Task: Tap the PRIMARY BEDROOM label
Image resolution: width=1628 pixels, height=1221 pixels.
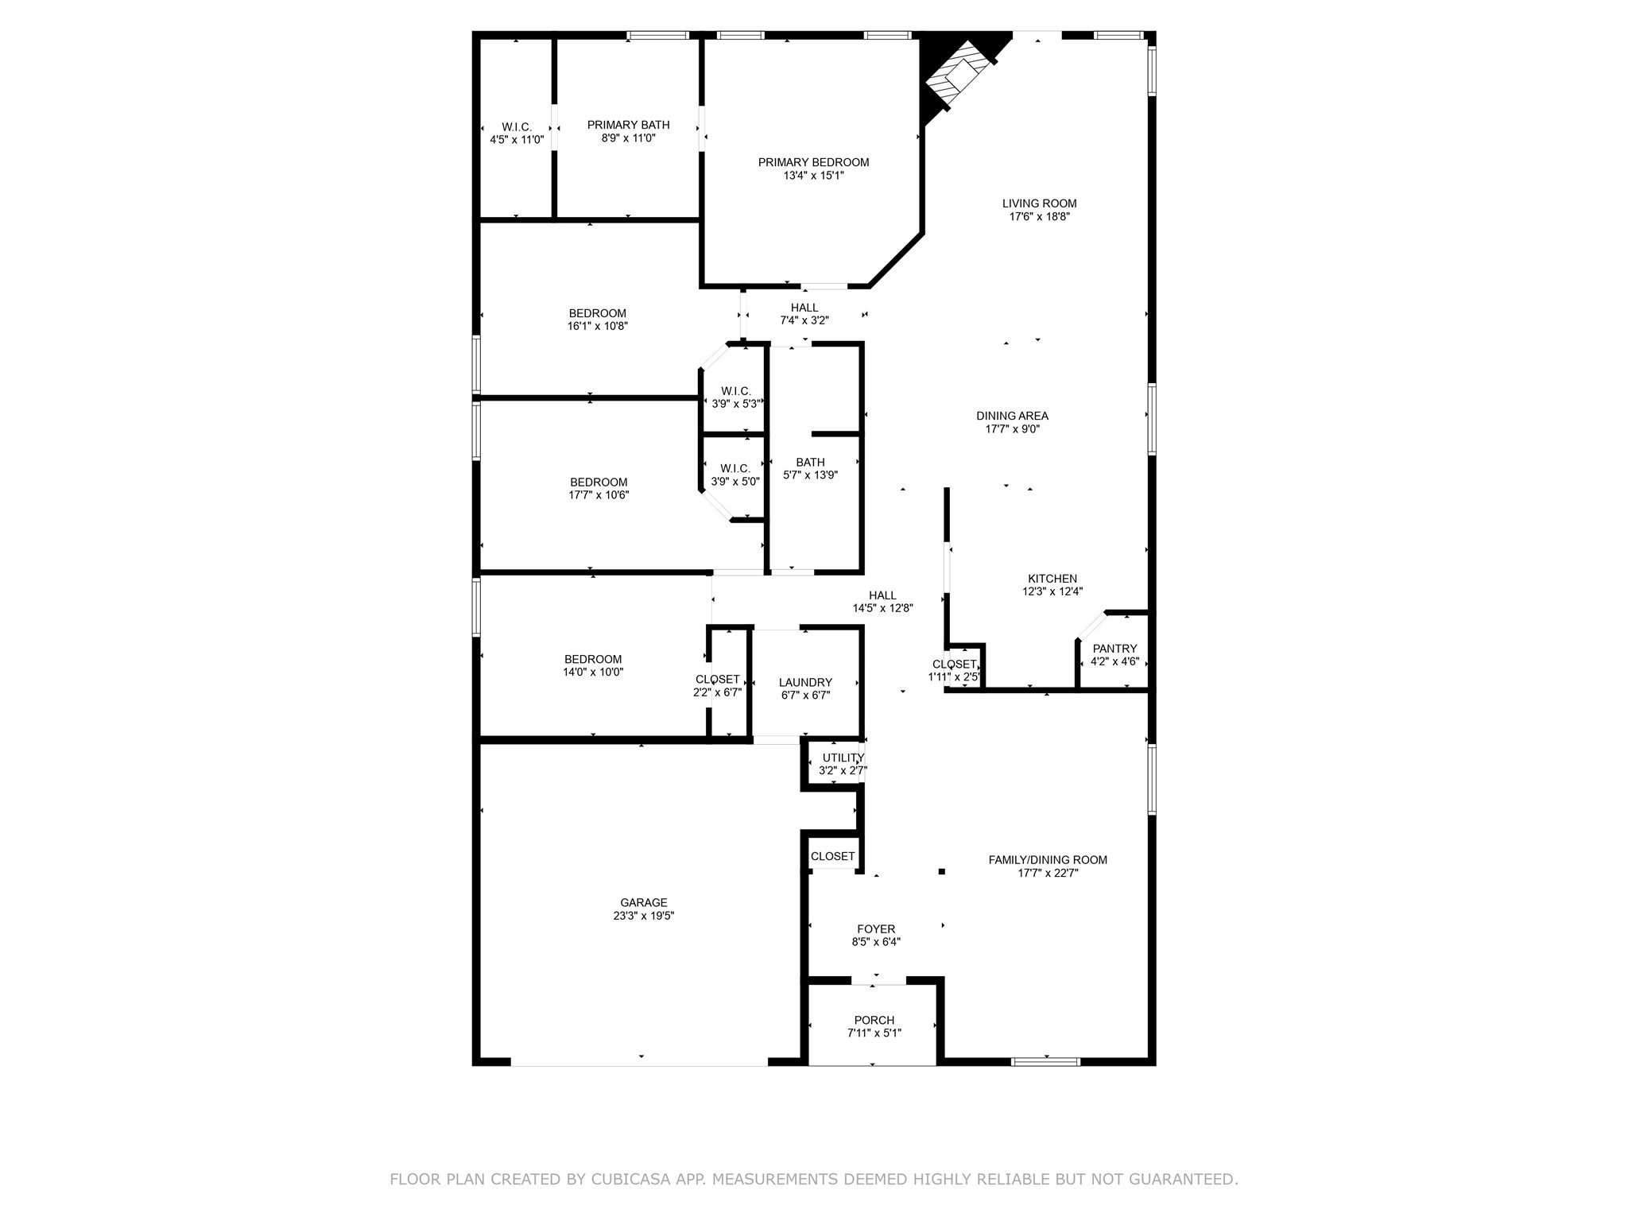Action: [x=813, y=162]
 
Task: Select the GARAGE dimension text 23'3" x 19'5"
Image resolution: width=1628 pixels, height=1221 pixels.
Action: [x=644, y=916]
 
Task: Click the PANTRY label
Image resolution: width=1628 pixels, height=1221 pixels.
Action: [x=1114, y=649]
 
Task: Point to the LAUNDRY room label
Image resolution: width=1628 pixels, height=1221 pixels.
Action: [x=805, y=682]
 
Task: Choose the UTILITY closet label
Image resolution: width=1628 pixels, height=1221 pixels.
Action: [x=843, y=758]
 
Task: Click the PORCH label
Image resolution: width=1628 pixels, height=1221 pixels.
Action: [x=874, y=1021]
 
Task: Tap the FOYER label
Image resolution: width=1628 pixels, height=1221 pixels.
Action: [x=876, y=929]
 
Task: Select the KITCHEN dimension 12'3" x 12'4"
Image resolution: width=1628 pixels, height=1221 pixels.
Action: [x=1052, y=591]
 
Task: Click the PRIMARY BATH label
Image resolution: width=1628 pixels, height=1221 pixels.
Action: [x=628, y=125]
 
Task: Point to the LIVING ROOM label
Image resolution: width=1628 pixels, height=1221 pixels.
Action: [x=1039, y=203]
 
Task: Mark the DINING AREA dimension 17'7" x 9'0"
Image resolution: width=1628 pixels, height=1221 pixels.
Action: [x=1012, y=429]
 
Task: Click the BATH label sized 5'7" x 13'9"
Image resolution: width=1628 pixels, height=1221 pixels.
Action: [x=810, y=463]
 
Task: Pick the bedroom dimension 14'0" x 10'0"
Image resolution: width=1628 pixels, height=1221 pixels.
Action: [x=593, y=672]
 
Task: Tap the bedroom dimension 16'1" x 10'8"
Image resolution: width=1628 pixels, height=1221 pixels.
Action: [x=597, y=326]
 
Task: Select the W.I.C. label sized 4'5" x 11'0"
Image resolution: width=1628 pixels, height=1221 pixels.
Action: [x=517, y=127]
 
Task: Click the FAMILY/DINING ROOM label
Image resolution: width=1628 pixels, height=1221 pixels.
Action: [x=1048, y=860]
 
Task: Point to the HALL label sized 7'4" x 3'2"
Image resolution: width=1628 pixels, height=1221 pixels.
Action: [x=804, y=308]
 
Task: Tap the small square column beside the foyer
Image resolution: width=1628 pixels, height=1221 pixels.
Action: [x=942, y=871]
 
